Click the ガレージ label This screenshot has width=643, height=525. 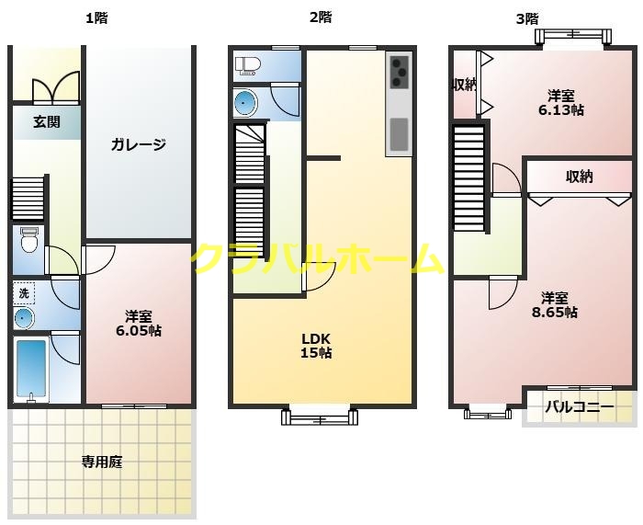[139, 144]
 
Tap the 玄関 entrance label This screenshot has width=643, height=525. [47, 121]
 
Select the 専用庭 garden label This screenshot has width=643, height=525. [102, 462]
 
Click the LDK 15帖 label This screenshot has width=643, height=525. [316, 346]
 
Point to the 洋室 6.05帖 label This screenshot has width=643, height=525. [139, 324]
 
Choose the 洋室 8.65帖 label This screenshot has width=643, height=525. [555, 305]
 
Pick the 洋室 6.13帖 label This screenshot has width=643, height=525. [561, 103]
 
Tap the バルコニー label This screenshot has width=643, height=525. [580, 406]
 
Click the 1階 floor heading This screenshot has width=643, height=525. [96, 18]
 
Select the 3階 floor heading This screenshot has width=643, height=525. [527, 19]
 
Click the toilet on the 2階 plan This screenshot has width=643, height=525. [248, 65]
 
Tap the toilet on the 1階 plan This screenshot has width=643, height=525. [28, 240]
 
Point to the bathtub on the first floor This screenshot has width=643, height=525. [31, 368]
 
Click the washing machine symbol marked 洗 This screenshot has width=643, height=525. [24, 293]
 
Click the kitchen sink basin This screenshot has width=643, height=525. [399, 134]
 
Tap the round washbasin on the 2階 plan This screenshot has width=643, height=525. [245, 102]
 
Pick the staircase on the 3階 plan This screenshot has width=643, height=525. [469, 178]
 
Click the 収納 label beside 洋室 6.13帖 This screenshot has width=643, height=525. [464, 85]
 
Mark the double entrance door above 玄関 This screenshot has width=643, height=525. [56, 86]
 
